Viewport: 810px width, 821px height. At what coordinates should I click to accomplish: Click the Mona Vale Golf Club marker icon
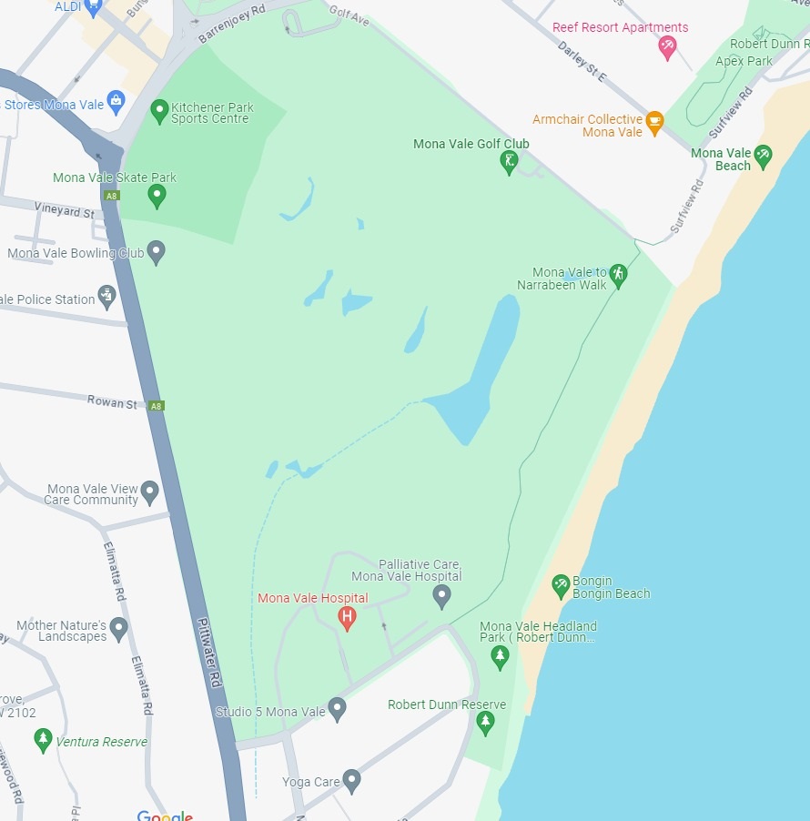coord(509,162)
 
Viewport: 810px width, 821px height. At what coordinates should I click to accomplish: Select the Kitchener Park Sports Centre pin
coord(160,111)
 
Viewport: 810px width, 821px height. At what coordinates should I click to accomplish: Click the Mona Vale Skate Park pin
coord(157,195)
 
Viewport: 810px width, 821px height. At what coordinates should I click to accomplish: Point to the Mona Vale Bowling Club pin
coord(157,252)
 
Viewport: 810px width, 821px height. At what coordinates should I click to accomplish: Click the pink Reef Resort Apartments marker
coord(667,47)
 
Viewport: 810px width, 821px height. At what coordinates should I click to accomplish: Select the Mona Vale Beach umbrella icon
coord(763,156)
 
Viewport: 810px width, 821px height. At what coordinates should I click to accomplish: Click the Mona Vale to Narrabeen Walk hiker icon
coord(619,275)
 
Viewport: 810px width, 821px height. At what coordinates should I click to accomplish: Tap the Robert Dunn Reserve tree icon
coord(485,723)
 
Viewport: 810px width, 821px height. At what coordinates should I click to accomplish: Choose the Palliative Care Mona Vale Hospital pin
coord(441,596)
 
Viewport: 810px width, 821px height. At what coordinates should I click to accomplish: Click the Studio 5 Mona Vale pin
coord(337,709)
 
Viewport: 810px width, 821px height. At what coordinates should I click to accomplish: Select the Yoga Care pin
coord(351,780)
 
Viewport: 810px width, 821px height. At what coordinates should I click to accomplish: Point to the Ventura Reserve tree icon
coord(43,739)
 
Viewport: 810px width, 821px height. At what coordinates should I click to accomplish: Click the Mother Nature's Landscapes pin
coord(118,629)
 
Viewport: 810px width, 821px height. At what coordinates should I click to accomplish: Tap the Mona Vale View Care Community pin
coord(150,492)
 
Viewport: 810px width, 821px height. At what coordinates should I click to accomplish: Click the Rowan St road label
coord(112,402)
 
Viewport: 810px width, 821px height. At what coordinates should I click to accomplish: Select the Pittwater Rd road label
coord(209,653)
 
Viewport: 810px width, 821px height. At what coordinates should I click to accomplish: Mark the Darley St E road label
coord(582,61)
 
